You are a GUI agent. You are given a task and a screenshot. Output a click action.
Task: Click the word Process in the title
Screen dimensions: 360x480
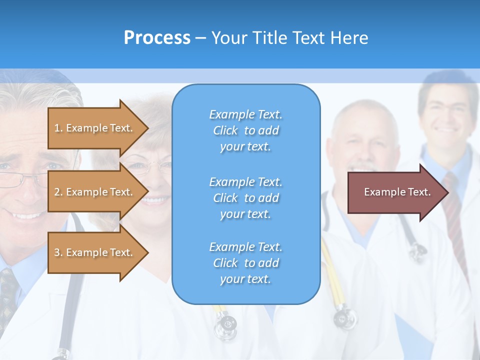(x=157, y=38)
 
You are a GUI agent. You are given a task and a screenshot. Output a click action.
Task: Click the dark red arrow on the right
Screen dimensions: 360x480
(x=395, y=192)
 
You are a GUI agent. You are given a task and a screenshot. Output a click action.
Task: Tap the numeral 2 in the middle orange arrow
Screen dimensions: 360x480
(x=57, y=192)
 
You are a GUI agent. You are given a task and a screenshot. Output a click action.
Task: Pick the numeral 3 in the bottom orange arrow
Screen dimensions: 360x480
(x=57, y=252)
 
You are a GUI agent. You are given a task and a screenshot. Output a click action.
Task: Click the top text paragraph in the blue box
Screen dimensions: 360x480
(x=245, y=130)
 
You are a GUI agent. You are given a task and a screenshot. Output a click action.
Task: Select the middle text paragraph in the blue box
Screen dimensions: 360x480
(x=245, y=198)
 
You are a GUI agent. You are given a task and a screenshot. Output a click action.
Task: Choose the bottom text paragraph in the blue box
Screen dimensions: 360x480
(x=245, y=263)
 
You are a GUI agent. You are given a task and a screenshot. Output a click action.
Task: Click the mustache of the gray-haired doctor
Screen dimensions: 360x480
(x=362, y=167)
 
